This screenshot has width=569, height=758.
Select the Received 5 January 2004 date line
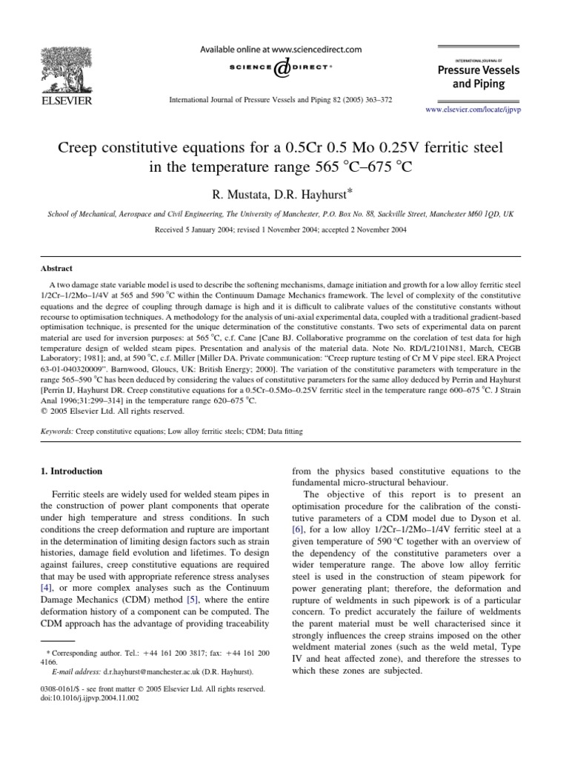point(284,209)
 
